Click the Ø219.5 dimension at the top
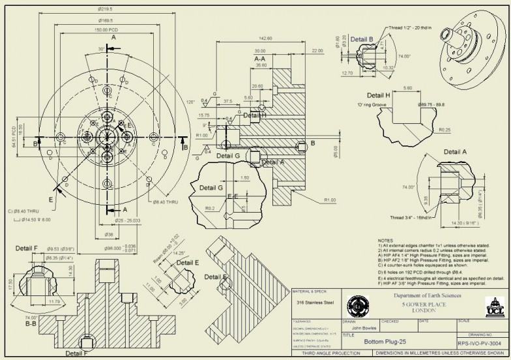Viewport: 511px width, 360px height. pyautogui.click(x=105, y=9)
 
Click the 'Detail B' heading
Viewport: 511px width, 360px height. pyautogui.click(x=362, y=39)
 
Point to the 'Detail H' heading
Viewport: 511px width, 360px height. pyautogui.click(x=378, y=95)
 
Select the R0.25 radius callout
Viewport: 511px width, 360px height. pyautogui.click(x=445, y=130)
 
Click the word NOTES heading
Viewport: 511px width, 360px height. pyautogui.click(x=386, y=240)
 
